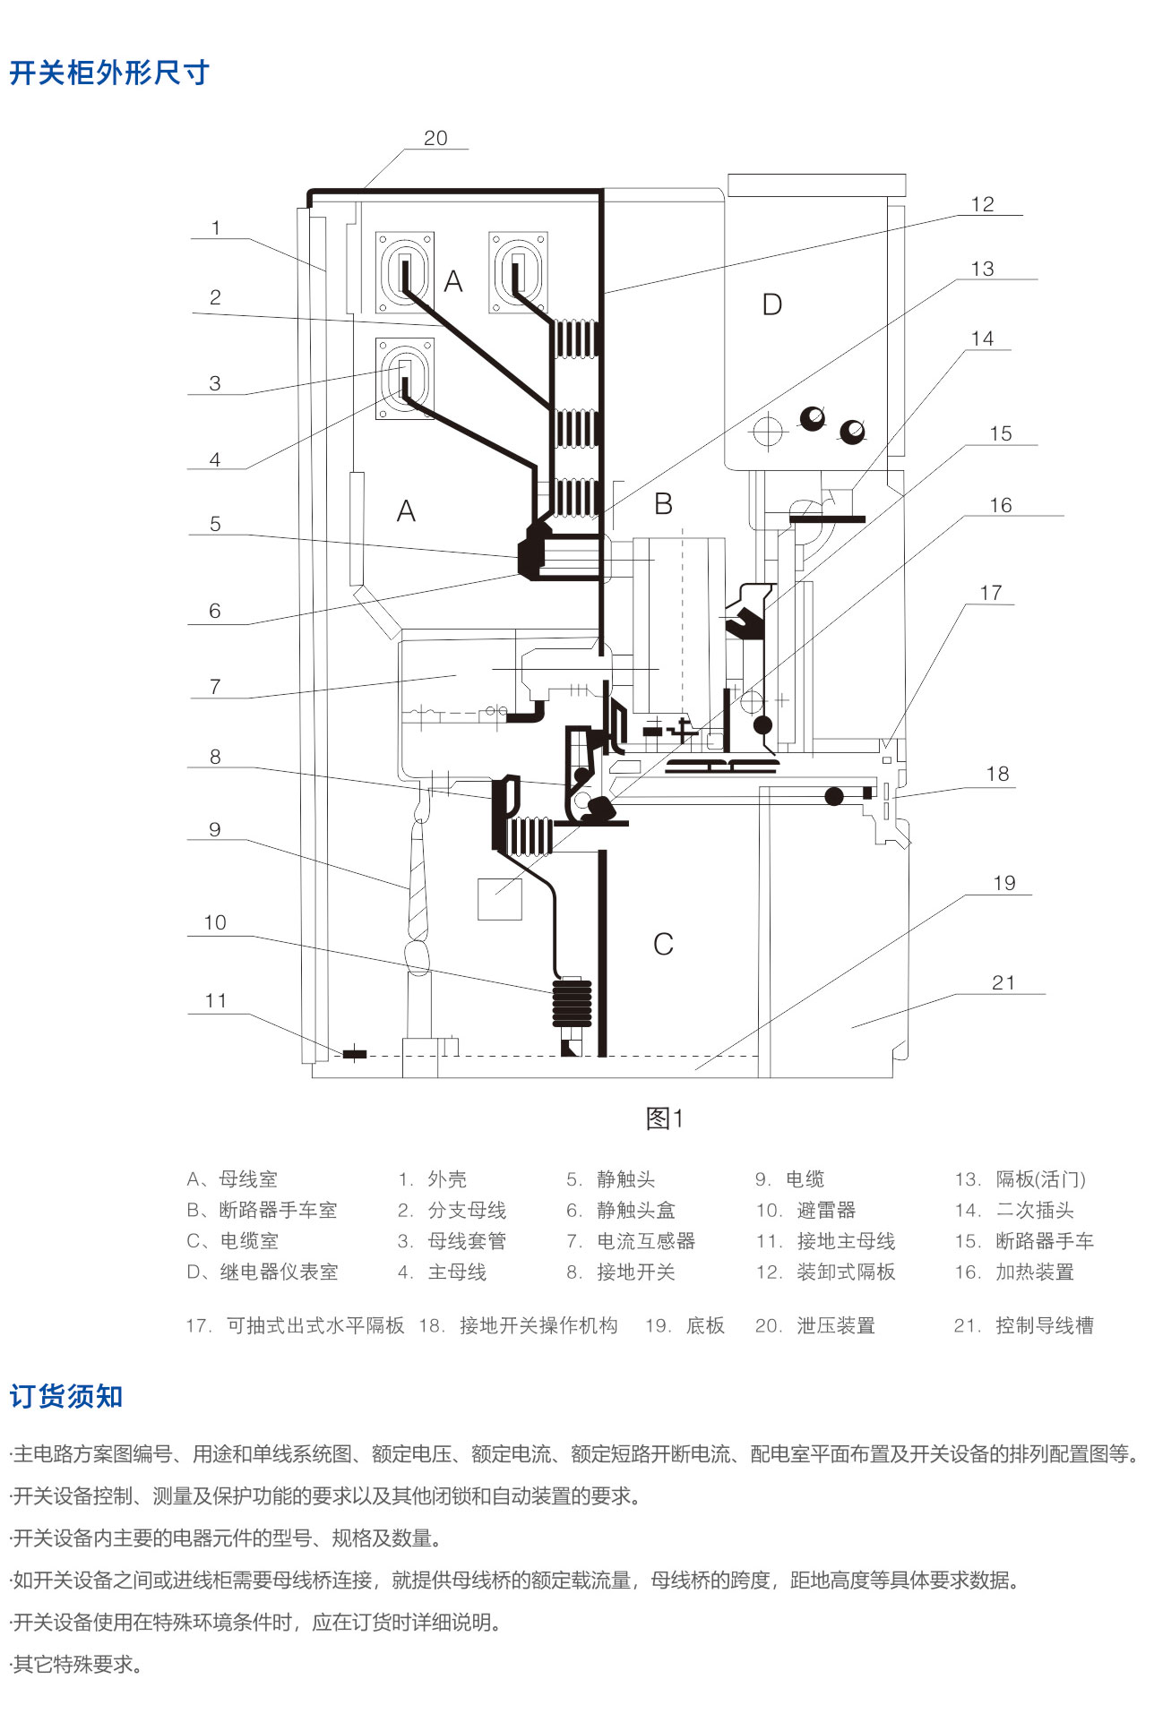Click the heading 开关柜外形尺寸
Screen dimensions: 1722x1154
point(109,73)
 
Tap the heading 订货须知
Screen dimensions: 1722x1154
point(66,1396)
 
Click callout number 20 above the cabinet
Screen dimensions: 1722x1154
point(435,138)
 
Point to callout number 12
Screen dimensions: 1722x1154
point(982,204)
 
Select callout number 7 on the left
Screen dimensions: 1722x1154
point(215,686)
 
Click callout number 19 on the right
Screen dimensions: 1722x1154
point(1004,883)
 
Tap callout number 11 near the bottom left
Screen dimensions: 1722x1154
point(216,1000)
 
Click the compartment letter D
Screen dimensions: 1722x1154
point(771,305)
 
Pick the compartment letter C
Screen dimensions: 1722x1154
point(663,944)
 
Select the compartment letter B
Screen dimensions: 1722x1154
point(663,504)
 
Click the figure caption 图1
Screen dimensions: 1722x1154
point(665,1118)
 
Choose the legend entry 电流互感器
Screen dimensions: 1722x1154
point(646,1241)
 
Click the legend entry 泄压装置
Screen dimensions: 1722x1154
point(835,1325)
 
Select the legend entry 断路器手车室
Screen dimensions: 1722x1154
point(278,1211)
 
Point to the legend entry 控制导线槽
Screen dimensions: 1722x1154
point(1044,1325)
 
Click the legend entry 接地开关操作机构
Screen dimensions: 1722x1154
point(538,1325)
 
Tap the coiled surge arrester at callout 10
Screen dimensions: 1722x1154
point(573,1003)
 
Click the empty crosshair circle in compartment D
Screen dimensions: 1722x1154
point(767,432)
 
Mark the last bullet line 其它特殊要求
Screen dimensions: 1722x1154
point(77,1665)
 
